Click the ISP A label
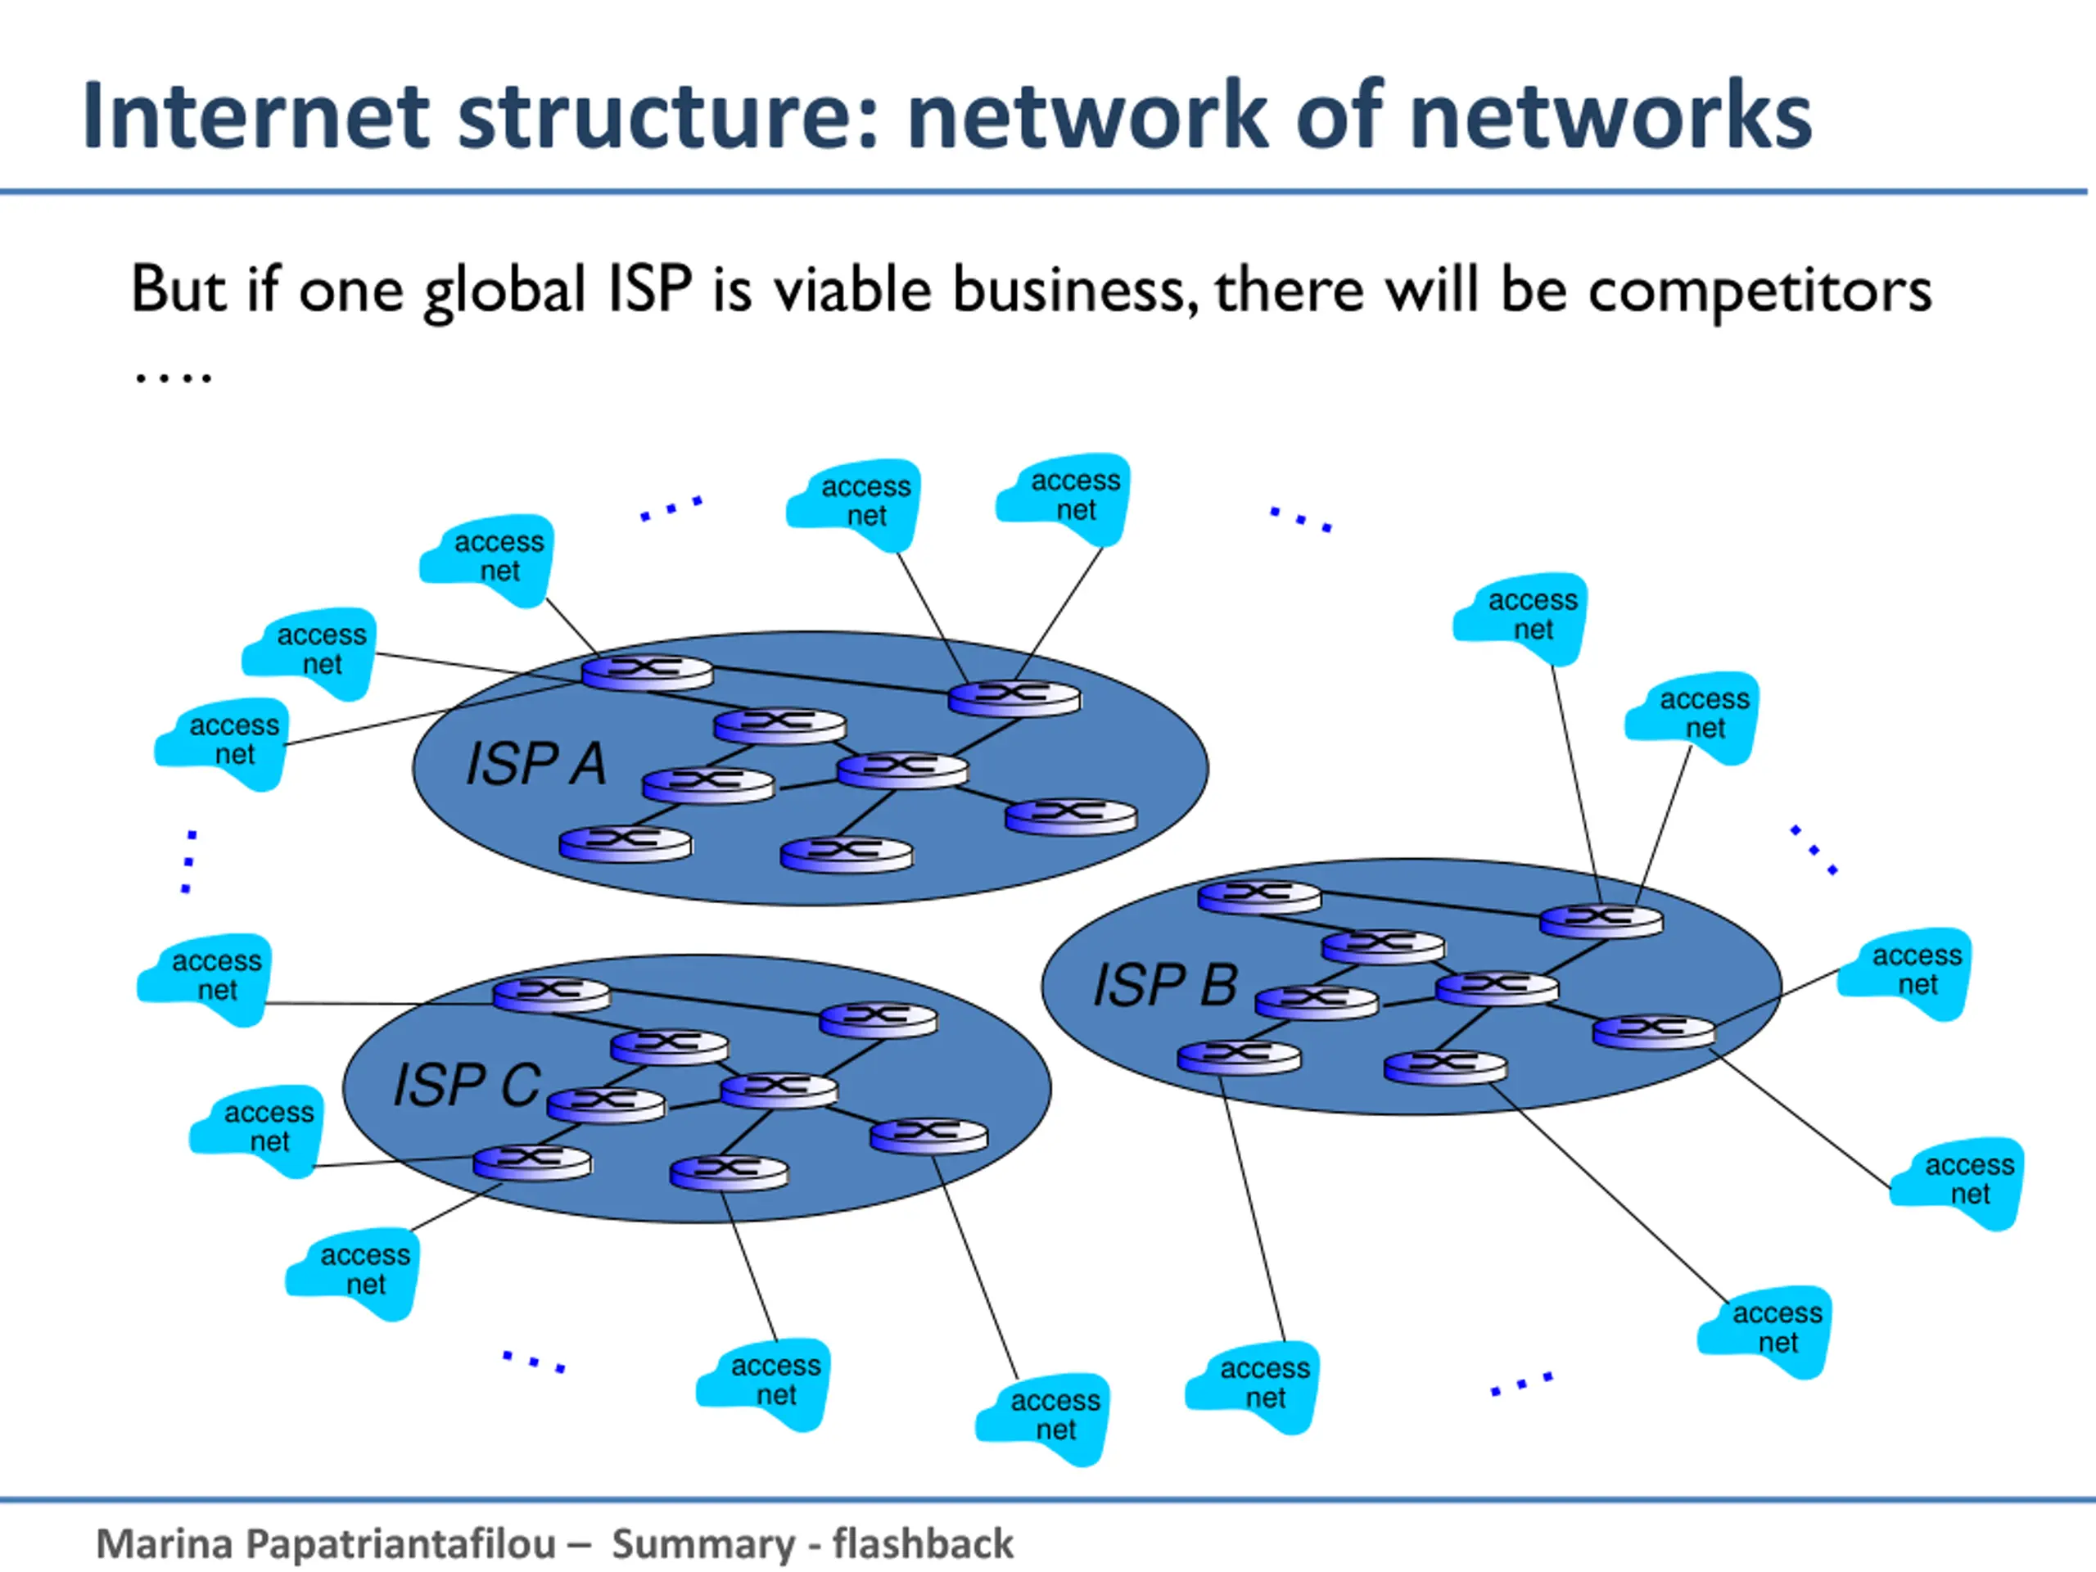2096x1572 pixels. point(535,764)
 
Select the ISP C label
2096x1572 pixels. point(466,1084)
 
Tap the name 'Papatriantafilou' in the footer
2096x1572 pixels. point(401,1543)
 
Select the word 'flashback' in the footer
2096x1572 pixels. point(923,1543)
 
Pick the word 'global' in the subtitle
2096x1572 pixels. point(504,290)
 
